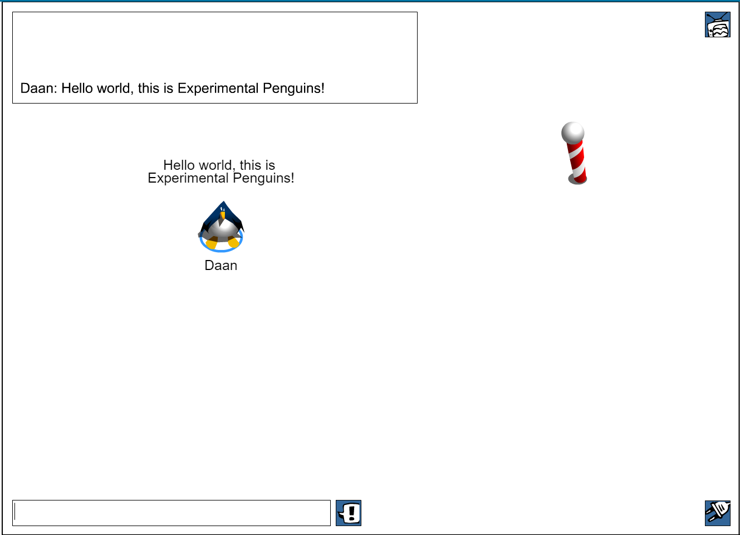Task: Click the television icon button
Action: [x=718, y=24]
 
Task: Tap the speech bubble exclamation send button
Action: [x=349, y=513]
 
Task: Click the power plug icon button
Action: [x=718, y=513]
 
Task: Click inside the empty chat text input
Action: [x=171, y=513]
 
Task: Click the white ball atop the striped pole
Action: [x=573, y=132]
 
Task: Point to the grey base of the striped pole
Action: [x=577, y=180]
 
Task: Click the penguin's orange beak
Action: [x=223, y=215]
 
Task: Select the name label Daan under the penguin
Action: [x=221, y=266]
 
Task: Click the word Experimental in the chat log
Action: [x=218, y=89]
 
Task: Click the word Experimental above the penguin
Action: [x=188, y=178]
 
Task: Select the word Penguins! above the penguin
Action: [x=263, y=179]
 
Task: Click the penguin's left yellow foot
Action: [x=212, y=244]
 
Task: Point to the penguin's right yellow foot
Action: [x=233, y=242]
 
